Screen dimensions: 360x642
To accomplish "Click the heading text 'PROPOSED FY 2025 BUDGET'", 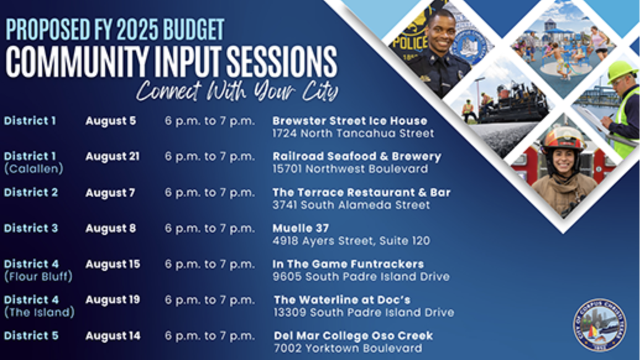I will (115, 29).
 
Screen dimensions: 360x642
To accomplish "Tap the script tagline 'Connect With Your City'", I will (238, 91).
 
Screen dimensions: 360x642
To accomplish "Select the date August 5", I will (111, 121).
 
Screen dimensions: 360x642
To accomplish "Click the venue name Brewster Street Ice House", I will (349, 121).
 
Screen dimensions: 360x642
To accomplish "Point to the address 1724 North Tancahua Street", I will (353, 133).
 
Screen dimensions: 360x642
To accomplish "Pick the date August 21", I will (113, 156).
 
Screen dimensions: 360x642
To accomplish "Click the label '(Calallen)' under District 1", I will (33, 168).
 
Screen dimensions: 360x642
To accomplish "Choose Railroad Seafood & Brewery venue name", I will (357, 156).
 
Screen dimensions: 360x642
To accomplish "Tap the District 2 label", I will (31, 192).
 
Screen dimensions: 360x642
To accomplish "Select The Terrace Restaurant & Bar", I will (361, 192).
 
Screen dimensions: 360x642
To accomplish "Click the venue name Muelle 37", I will (301, 228).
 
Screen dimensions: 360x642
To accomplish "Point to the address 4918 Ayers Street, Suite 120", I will (351, 241).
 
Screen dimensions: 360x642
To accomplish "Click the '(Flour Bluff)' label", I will (38, 276).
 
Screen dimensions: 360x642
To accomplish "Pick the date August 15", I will (113, 264).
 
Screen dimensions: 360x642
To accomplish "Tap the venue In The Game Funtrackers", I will (348, 264).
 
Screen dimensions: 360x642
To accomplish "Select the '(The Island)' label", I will (39, 312).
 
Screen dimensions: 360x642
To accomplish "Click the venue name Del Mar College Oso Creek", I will (353, 336).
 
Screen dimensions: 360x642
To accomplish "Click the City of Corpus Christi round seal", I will (599, 325).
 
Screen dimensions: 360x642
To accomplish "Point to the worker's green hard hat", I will (620, 71).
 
